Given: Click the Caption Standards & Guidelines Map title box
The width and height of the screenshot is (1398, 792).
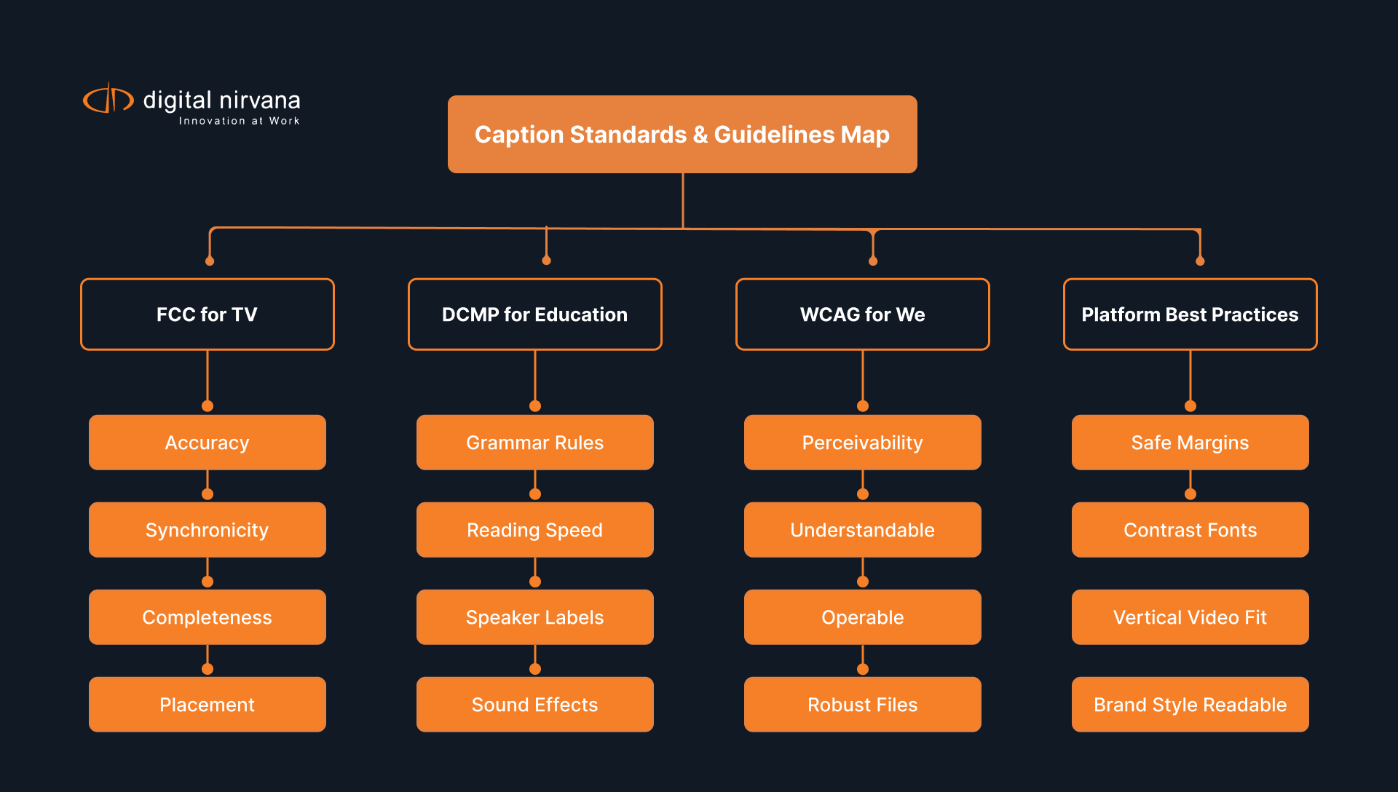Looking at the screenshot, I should (682, 135).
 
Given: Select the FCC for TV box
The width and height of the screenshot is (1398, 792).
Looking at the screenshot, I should (208, 314).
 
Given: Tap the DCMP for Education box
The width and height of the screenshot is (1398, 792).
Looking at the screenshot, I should (535, 314).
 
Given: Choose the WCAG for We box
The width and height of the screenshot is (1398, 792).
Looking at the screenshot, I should (863, 314).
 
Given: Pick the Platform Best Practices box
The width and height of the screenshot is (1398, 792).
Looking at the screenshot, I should (1190, 314).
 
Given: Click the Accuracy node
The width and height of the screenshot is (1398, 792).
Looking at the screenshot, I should (208, 443).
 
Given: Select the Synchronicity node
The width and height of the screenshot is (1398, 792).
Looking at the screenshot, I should (208, 530).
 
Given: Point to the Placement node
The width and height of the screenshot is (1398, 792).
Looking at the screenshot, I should (208, 705).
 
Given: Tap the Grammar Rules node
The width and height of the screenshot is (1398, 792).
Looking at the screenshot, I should (535, 443).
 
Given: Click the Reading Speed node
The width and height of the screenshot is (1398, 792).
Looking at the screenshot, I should (535, 530).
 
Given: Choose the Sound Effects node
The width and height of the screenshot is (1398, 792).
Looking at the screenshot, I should (535, 705).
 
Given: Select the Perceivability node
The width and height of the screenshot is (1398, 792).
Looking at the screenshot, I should (863, 443).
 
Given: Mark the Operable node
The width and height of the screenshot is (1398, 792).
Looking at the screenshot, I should (863, 617).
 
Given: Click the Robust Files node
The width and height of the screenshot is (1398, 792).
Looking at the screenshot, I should (863, 705).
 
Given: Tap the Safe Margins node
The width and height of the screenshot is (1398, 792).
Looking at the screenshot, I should (1190, 443).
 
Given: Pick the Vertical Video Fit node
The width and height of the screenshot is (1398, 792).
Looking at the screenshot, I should (1190, 617).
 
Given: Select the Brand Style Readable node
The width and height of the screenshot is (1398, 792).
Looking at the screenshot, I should (1190, 705).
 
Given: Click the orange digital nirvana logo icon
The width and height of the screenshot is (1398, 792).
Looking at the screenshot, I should (108, 99).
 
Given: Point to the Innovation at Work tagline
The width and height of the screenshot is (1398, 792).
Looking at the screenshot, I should (239, 121).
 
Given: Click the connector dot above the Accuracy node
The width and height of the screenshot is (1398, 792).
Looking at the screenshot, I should (208, 406).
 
